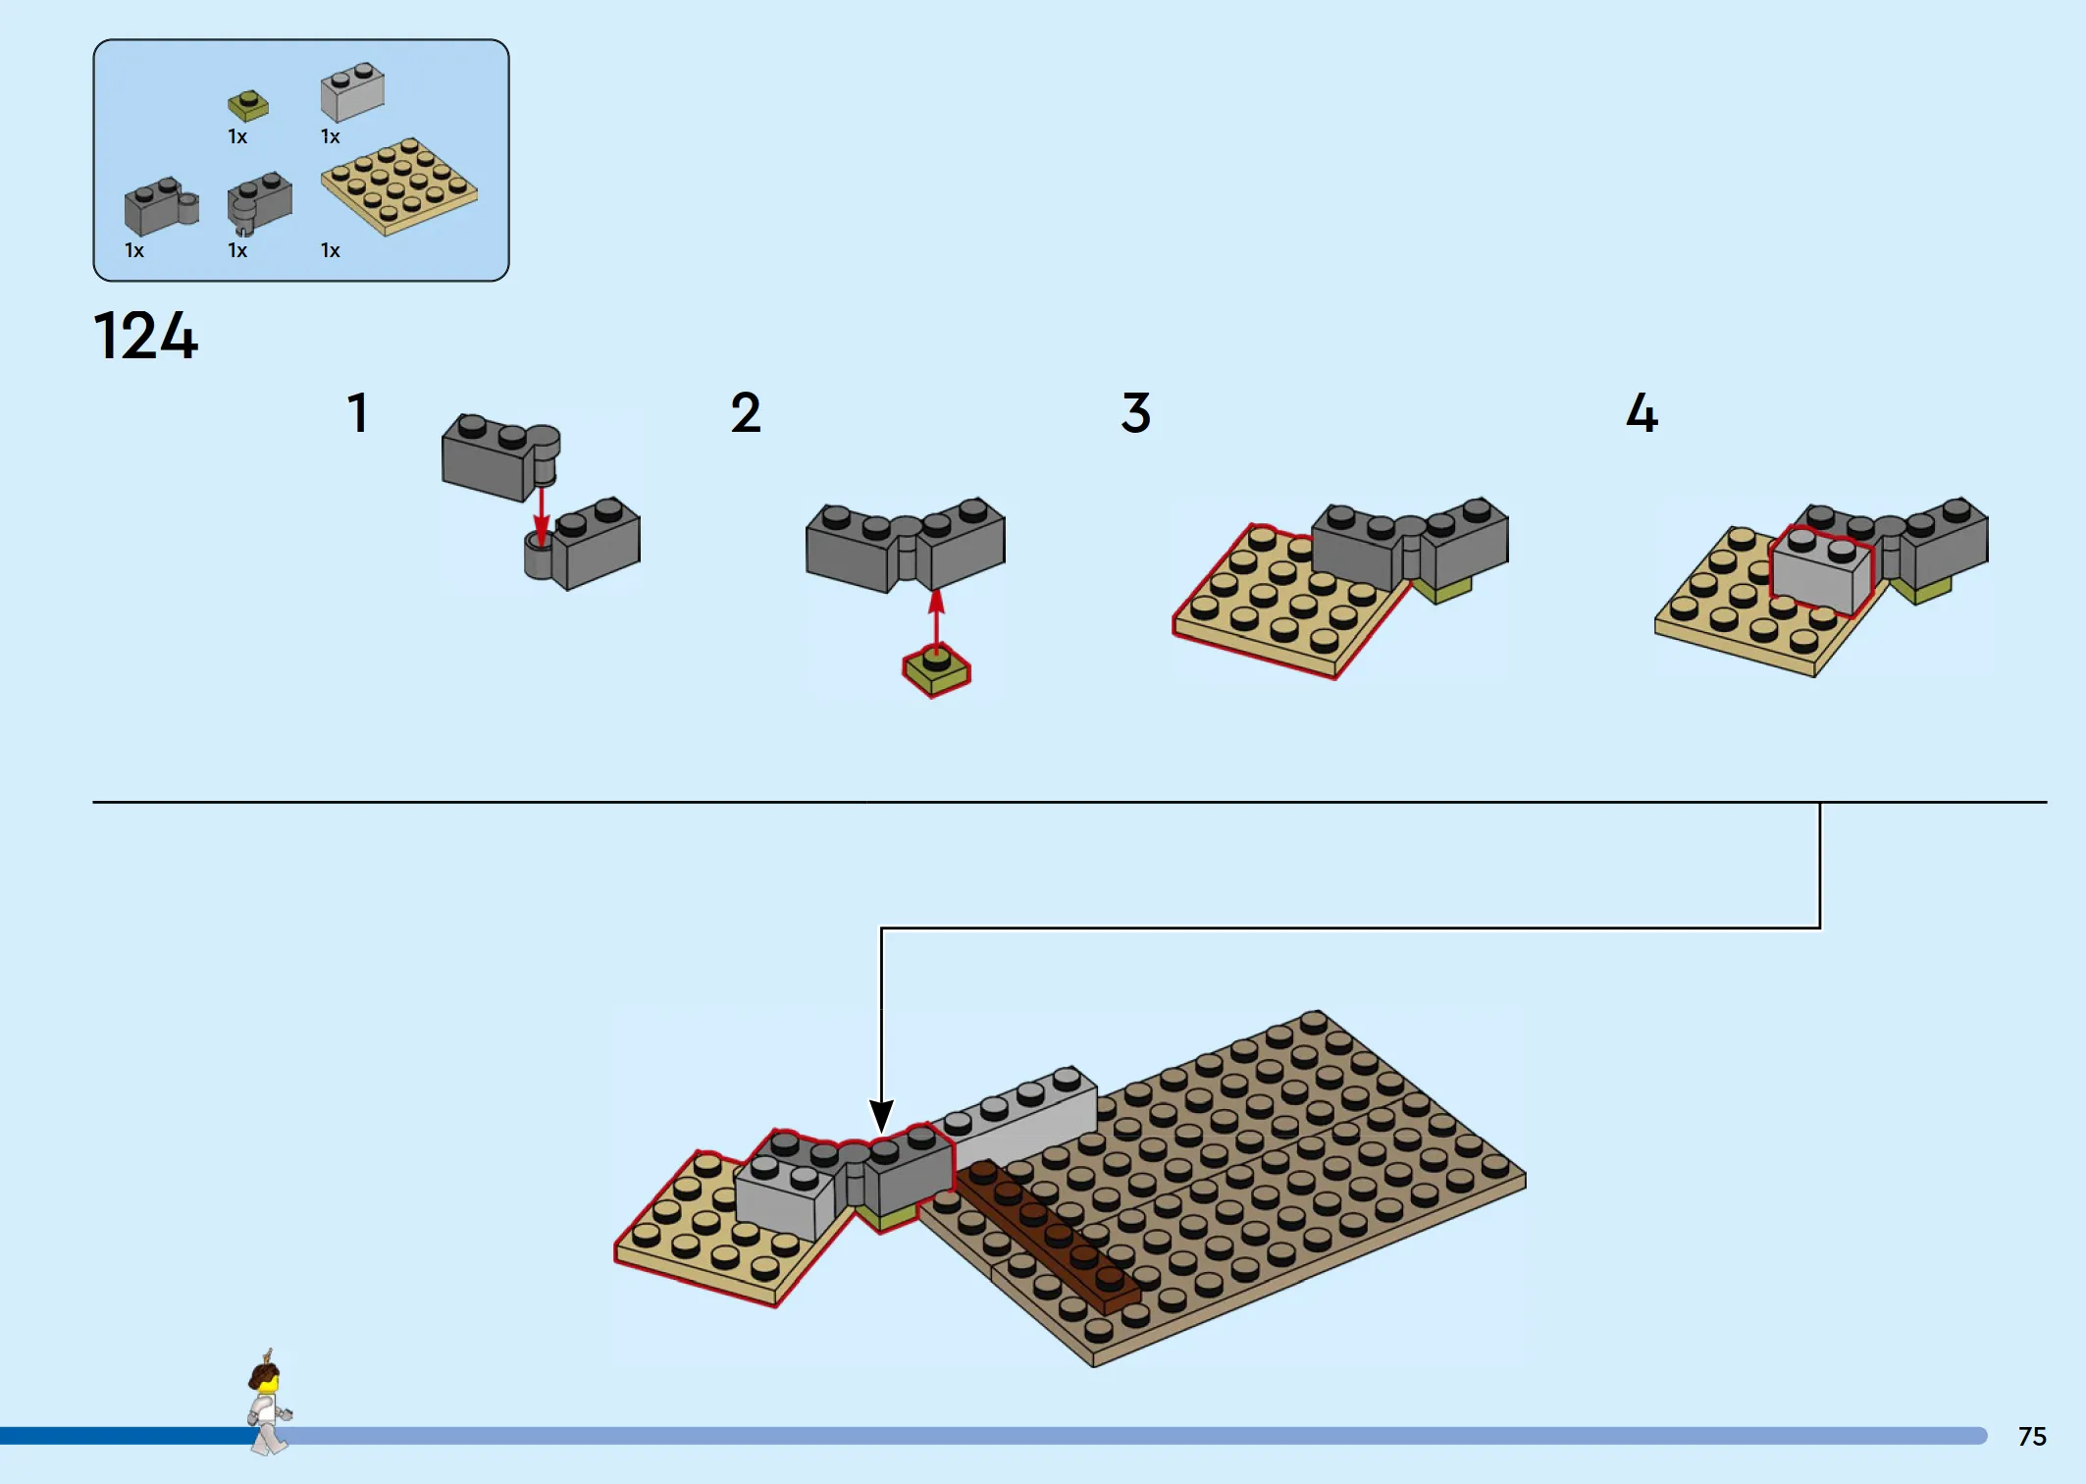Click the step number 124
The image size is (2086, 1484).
pyautogui.click(x=145, y=337)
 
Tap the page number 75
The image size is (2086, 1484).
pyautogui.click(x=2032, y=1437)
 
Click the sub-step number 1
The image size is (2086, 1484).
pyautogui.click(x=358, y=413)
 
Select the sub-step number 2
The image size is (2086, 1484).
pyautogui.click(x=746, y=413)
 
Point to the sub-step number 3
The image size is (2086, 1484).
pyautogui.click(x=1135, y=413)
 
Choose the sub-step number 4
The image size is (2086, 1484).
pyautogui.click(x=1642, y=413)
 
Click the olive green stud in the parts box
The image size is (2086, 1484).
pyautogui.click(x=248, y=105)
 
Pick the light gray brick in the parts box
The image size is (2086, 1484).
pyautogui.click(x=352, y=92)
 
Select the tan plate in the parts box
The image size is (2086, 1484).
pyautogui.click(x=398, y=186)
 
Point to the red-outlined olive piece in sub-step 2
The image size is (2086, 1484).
pyautogui.click(x=936, y=671)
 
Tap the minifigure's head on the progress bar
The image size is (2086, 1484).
pyautogui.click(x=266, y=1378)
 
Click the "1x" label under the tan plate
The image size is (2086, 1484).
pyautogui.click(x=331, y=251)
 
